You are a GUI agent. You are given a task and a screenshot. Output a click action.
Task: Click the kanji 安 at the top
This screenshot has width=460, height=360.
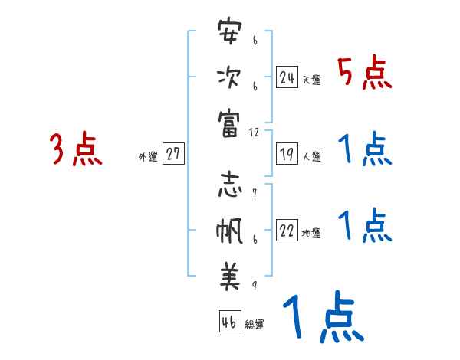click(x=229, y=33)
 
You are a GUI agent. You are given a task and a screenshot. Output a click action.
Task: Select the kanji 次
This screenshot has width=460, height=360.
click(x=229, y=77)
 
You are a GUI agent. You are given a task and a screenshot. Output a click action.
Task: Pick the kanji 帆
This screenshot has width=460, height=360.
click(x=229, y=231)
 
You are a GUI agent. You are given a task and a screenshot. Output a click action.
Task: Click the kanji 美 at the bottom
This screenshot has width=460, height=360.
click(x=229, y=277)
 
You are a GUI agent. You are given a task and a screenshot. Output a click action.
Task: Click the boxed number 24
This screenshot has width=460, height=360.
click(x=287, y=77)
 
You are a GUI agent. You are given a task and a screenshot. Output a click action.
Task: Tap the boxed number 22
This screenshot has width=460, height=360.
click(x=287, y=231)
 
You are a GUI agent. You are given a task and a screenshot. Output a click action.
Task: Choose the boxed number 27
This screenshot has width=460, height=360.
click(x=173, y=155)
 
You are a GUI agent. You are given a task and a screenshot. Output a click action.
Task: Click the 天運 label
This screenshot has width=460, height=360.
click(x=311, y=80)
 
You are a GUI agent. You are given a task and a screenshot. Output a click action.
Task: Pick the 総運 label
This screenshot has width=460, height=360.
click(x=255, y=325)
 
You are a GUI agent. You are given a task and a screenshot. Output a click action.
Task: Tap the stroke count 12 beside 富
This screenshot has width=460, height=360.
click(x=254, y=132)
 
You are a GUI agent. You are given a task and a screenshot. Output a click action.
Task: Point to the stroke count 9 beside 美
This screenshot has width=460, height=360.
click(x=254, y=285)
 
